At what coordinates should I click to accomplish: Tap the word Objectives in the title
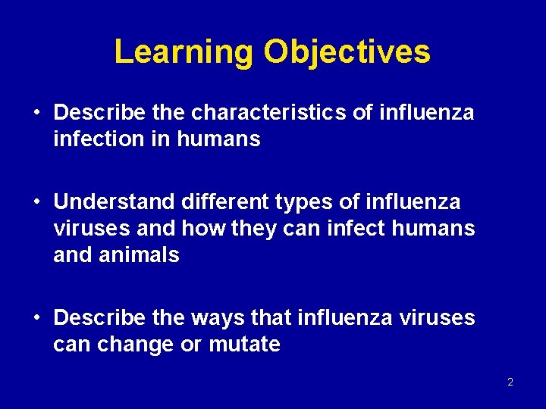pos(347,52)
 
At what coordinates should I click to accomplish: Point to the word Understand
pos(115,202)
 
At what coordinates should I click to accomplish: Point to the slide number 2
pos(510,382)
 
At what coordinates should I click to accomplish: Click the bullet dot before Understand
pos(36,203)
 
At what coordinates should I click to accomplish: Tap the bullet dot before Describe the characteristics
pos(36,114)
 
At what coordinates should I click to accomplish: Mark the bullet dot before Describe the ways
pos(36,318)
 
